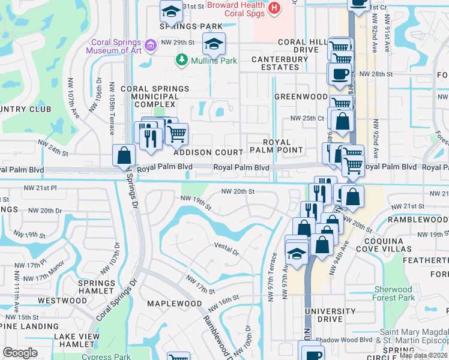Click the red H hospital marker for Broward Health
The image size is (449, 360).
274,8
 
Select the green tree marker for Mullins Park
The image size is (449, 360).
181,60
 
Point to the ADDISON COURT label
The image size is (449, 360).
208,153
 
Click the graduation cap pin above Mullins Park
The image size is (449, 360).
212,43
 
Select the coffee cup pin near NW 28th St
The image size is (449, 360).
339,74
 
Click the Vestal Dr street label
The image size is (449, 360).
227,248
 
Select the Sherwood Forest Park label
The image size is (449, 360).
394,293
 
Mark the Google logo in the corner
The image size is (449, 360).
20,352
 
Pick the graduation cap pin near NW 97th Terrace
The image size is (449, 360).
297,254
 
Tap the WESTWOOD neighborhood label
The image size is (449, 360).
62,300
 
